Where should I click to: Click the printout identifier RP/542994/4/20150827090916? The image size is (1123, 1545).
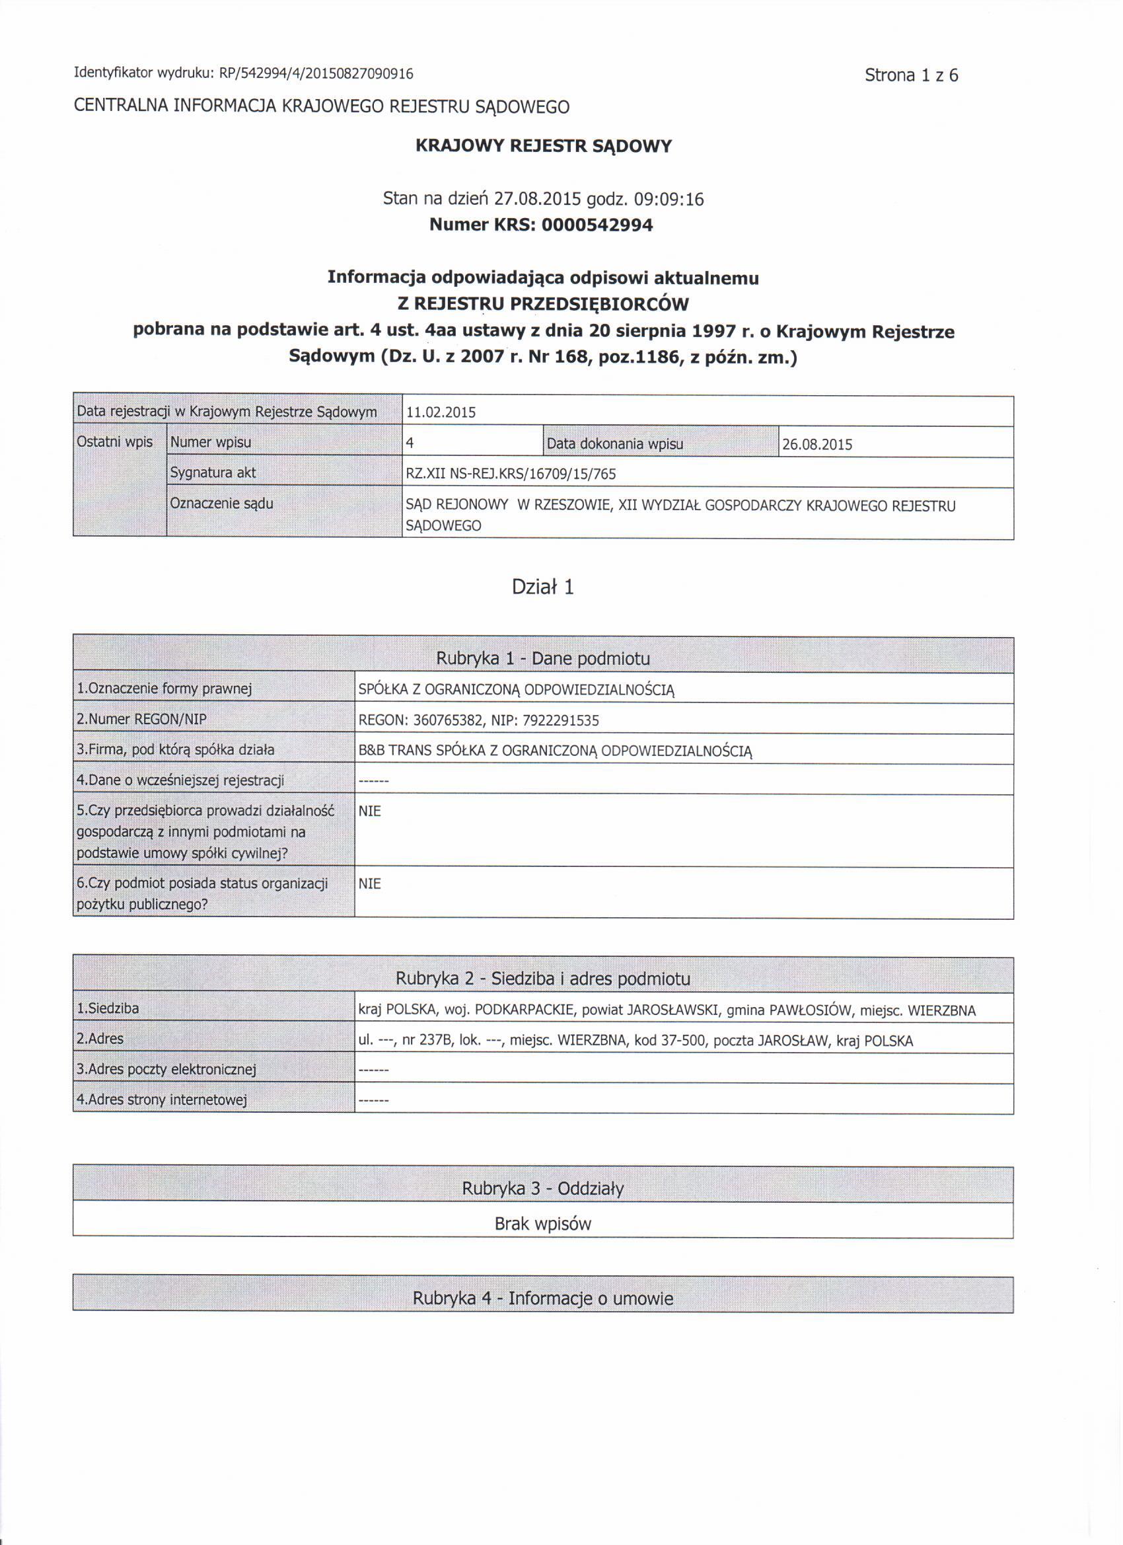316,73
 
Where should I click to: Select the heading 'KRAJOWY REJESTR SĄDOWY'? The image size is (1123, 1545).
544,147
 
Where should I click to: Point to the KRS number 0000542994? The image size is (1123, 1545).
597,225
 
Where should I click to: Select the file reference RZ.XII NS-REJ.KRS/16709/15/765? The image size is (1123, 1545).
510,474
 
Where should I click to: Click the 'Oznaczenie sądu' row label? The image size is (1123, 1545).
221,504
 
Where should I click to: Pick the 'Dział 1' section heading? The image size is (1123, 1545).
543,587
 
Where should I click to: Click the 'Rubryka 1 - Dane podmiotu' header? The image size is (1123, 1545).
543,659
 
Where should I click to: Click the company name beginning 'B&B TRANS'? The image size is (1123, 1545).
555,751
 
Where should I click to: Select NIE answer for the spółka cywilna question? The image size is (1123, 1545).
370,811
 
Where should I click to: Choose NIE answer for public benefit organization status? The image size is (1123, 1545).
370,884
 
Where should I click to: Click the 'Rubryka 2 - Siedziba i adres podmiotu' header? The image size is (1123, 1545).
543,979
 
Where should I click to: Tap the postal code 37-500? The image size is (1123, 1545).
684,1041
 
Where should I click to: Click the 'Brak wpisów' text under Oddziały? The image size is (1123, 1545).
543,1224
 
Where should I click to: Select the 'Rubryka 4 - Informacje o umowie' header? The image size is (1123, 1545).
543,1299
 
